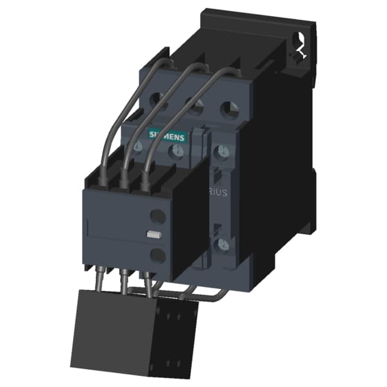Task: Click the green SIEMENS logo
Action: click(167, 135)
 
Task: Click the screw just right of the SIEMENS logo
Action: click(221, 152)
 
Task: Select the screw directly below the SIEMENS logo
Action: click(176, 152)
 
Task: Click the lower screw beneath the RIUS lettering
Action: click(222, 244)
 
